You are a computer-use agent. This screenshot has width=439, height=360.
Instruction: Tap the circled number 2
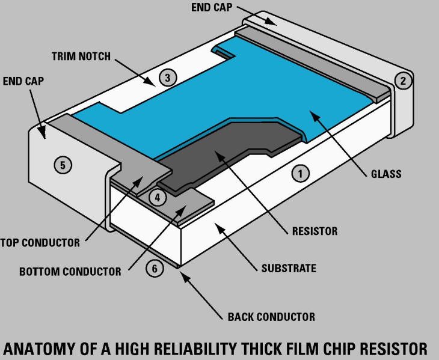(x=404, y=81)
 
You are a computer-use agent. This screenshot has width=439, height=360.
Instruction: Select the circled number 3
(x=168, y=77)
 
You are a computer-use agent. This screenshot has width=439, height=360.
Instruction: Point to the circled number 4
(x=158, y=197)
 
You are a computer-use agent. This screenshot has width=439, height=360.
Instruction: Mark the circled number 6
(x=155, y=269)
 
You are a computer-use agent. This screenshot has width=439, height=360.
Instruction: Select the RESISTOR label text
(x=315, y=231)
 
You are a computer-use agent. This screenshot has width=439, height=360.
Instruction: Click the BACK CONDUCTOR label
(x=271, y=317)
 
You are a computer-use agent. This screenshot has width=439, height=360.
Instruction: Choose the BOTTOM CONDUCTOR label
(x=70, y=272)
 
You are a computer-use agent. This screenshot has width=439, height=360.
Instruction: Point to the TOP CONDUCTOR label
(x=40, y=243)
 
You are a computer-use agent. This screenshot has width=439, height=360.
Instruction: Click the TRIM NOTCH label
(x=81, y=56)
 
